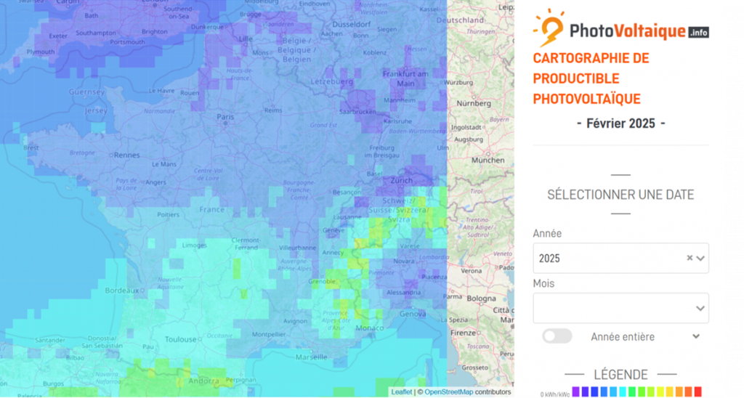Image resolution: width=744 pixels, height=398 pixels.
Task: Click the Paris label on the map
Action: click(x=225, y=117)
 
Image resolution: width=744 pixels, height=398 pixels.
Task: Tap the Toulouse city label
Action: click(x=180, y=339)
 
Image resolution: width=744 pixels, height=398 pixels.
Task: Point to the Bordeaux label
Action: click(x=121, y=291)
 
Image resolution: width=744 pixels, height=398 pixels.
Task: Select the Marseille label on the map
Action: click(x=312, y=357)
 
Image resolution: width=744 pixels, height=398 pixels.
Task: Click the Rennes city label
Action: click(x=126, y=155)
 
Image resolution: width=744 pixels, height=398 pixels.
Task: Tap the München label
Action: click(x=488, y=160)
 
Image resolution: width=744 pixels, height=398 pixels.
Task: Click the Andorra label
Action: click(x=204, y=381)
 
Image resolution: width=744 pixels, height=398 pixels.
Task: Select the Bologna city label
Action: click(x=481, y=298)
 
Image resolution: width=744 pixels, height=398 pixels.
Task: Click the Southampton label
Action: click(x=95, y=33)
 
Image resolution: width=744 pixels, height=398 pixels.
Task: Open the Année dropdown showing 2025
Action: click(x=610, y=258)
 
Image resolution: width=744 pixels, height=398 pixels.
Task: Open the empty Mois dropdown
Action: click(x=620, y=308)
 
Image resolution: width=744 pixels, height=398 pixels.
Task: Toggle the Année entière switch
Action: click(x=557, y=336)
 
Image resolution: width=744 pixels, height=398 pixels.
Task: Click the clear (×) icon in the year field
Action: click(x=690, y=258)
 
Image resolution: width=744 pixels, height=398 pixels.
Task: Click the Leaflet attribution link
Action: click(x=401, y=392)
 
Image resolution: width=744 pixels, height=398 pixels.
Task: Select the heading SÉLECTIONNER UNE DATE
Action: click(x=620, y=195)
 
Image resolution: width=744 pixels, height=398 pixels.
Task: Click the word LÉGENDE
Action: click(x=620, y=375)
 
